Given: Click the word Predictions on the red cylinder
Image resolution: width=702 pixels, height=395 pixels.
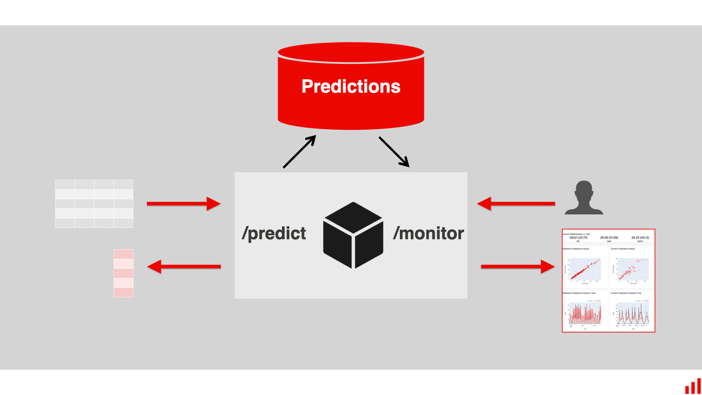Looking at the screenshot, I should pos(351,87).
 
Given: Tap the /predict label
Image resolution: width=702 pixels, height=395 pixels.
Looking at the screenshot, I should pos(274,233).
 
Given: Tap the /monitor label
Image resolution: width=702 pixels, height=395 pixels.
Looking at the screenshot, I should pos(428,233).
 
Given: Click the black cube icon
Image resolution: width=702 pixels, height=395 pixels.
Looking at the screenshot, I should pos(353,236).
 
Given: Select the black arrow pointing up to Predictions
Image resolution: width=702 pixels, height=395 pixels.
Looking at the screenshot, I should pos(299,152).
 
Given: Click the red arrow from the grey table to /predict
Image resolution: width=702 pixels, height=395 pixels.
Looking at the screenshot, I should pos(183,204).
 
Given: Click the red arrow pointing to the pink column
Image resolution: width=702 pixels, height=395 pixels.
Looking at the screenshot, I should pos(184,267).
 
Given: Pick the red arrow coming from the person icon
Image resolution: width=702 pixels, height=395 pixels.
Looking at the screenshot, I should pos(516,204).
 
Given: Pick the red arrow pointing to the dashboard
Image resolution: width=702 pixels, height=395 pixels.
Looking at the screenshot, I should pos(518,267).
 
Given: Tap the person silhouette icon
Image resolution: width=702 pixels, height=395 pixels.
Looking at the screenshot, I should pos(584,198).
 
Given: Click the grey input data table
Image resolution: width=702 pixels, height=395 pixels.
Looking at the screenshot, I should pos(94,204).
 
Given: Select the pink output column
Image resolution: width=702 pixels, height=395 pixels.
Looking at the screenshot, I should pos(123,273).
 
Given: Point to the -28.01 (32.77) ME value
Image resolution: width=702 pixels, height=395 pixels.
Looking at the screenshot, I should pos(578,238).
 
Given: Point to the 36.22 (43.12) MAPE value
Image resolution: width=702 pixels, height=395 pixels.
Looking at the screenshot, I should pos(640,238).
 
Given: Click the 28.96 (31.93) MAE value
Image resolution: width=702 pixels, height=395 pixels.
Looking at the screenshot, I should pos(609,238).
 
